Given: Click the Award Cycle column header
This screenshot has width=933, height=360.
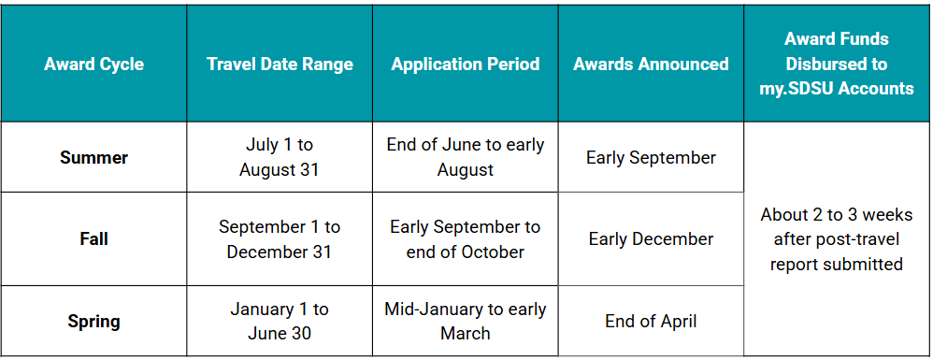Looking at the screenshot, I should click(x=93, y=65).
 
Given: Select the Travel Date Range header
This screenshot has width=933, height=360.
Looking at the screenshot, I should click(x=280, y=65).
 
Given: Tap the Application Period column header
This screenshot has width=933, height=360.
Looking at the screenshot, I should click(x=465, y=65).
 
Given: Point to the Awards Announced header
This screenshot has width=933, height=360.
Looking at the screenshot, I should click(x=651, y=65).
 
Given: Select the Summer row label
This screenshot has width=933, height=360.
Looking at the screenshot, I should click(x=93, y=157).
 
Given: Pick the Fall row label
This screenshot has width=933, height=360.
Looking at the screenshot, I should click(x=93, y=239).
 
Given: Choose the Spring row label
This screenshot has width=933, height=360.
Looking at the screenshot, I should click(x=93, y=321).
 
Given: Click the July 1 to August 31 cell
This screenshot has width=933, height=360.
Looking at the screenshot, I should click(x=280, y=157).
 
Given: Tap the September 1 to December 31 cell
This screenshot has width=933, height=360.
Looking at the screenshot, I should click(x=280, y=239).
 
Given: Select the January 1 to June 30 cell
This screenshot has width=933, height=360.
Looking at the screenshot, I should click(x=280, y=321).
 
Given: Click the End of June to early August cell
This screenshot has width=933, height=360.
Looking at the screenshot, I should click(x=465, y=157).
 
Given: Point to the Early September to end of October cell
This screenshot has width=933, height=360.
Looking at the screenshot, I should click(x=465, y=239).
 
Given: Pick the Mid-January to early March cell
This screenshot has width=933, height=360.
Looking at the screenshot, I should click(x=465, y=321).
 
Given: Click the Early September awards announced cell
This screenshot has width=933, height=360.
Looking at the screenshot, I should click(x=651, y=157).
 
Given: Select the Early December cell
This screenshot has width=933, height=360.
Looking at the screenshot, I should click(x=651, y=239).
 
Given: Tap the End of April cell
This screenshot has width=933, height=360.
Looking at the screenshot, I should click(x=651, y=321).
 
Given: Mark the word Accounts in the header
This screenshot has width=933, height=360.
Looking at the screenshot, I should click(x=871, y=89).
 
